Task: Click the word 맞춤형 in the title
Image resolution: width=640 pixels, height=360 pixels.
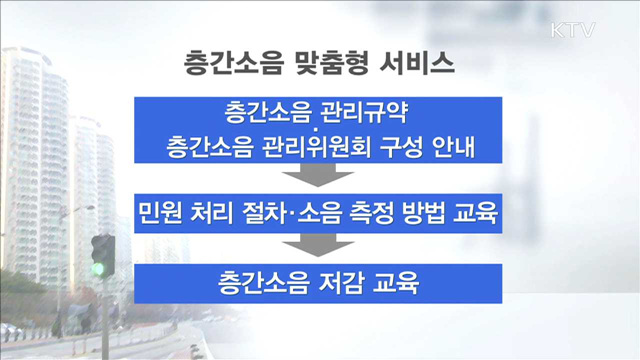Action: [x=334, y=64]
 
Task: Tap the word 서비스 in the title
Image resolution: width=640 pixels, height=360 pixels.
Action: [x=418, y=64]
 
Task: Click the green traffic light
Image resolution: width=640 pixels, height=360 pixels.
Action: [x=99, y=267]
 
